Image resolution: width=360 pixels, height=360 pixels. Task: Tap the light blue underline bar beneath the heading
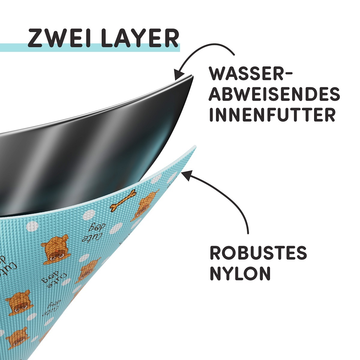(90, 48)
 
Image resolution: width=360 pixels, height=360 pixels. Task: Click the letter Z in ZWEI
(34, 38)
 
